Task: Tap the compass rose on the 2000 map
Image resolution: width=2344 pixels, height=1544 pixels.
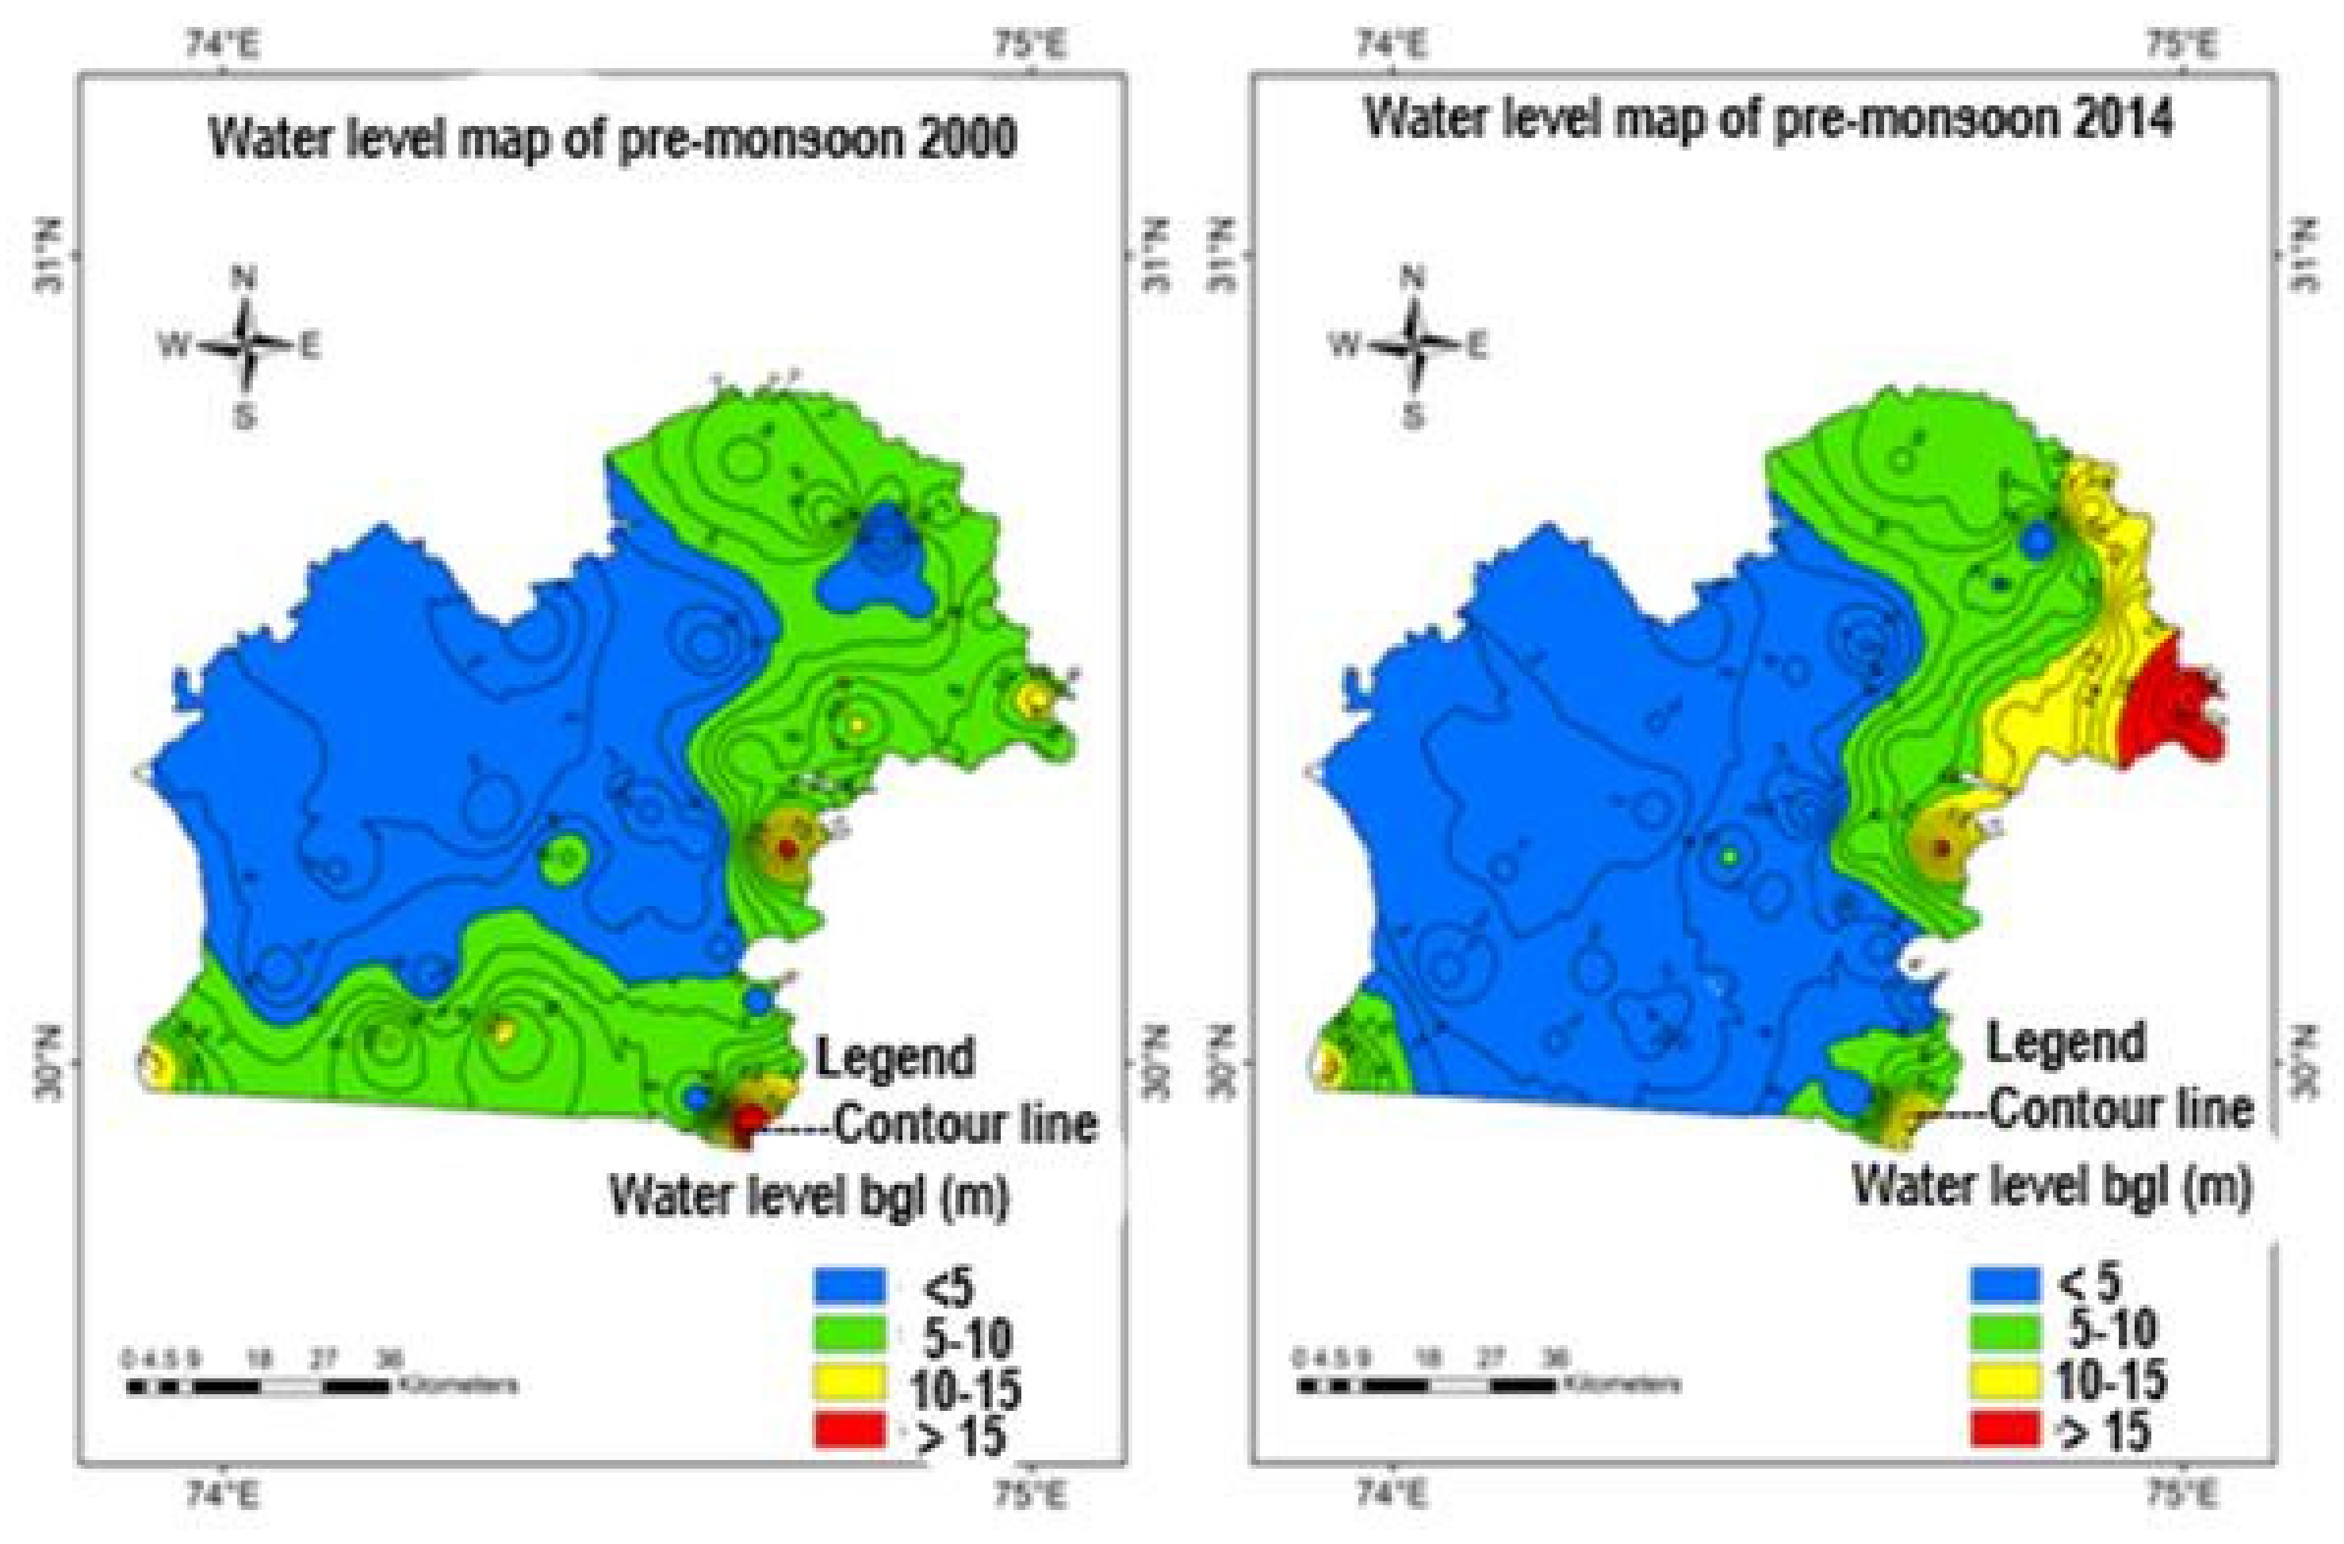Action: (244, 346)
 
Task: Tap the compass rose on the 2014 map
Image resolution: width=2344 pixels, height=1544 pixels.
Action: (1413, 346)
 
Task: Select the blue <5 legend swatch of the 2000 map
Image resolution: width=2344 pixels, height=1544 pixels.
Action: (849, 1286)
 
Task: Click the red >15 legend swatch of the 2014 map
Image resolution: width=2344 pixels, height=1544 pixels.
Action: (2005, 1430)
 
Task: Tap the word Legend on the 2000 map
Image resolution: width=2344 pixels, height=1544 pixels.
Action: (894, 1059)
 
